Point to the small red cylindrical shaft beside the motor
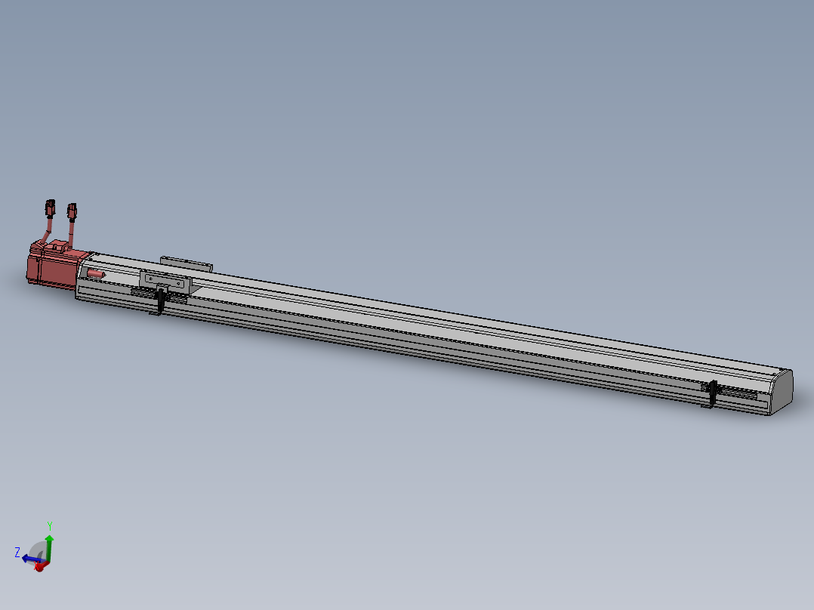click(95, 273)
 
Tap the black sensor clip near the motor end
click(161, 300)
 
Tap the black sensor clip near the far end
click(712, 393)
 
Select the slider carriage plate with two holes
click(165, 280)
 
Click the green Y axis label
click(50, 525)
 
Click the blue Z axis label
click(17, 553)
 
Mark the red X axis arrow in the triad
click(39, 566)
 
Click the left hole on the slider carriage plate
click(150, 278)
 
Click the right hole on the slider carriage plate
click(180, 283)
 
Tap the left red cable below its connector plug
click(48, 229)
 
